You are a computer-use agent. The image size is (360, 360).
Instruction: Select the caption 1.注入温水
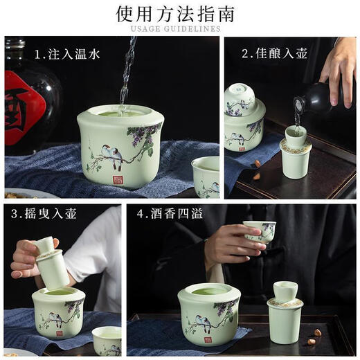(x=67, y=54)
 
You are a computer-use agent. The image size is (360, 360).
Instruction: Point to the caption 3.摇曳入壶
(x=39, y=214)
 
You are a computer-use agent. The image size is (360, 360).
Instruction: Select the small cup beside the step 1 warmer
(x=205, y=176)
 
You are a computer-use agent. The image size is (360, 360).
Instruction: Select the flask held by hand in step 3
(x=51, y=263)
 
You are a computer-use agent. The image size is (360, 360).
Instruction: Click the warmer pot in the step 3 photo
(x=58, y=312)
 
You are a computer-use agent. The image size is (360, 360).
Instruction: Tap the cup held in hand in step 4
(x=259, y=231)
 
